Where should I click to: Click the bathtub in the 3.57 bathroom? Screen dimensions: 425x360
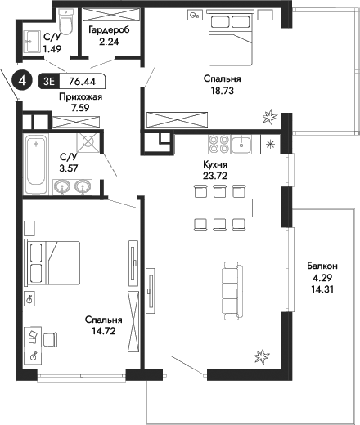point(36,166)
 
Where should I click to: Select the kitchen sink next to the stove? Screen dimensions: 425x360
point(244,144)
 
